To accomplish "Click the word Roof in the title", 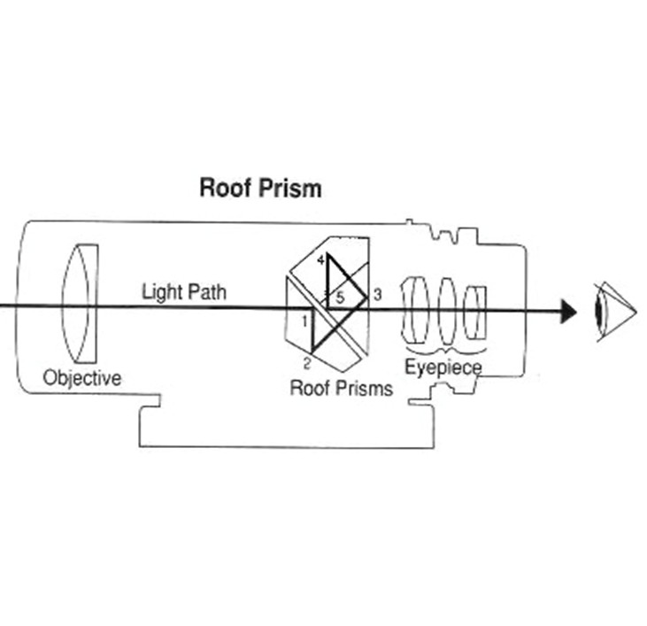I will (222, 189).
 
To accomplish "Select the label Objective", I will (82, 378).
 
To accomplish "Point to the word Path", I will (206, 292).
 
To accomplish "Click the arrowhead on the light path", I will (567, 311).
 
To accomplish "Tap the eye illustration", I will (614, 310).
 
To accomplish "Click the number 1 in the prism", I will (305, 321).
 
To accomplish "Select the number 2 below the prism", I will (307, 362).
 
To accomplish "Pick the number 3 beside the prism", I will (377, 295).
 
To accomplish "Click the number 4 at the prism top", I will (320, 259).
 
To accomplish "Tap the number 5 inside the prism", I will (340, 299).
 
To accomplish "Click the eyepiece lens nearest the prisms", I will (412, 310).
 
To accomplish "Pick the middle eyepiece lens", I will (447, 310).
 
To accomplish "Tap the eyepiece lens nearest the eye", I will (477, 311).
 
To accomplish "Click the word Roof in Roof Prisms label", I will (309, 388).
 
